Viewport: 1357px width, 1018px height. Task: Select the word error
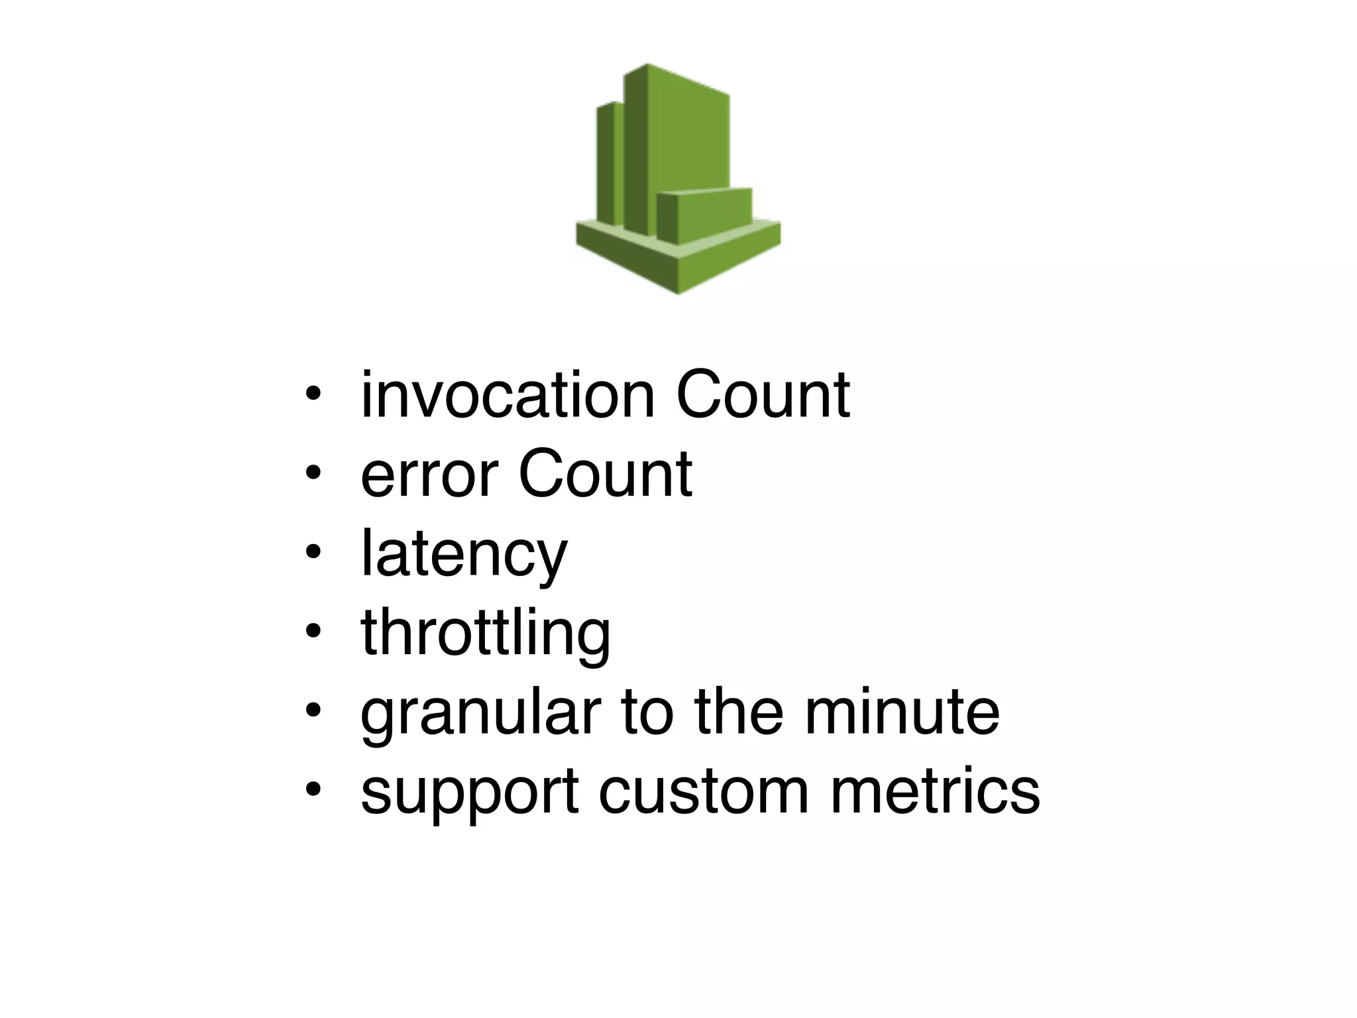pos(429,475)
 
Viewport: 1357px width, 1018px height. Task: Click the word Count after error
pos(605,475)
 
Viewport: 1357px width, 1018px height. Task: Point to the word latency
pos(464,554)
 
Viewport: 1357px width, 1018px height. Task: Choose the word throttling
pos(486,634)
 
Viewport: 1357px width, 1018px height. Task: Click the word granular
pos(480,713)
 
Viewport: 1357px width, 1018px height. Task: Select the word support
pos(470,792)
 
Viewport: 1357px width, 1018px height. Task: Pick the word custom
pos(704,791)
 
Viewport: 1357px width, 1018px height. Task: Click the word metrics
pos(935,791)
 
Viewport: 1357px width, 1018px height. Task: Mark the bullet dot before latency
pos(313,551)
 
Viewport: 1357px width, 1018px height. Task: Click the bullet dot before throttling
pos(313,631)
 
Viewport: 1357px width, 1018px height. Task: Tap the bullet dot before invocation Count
pos(313,394)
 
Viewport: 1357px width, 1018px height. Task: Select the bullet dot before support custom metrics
pos(313,789)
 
